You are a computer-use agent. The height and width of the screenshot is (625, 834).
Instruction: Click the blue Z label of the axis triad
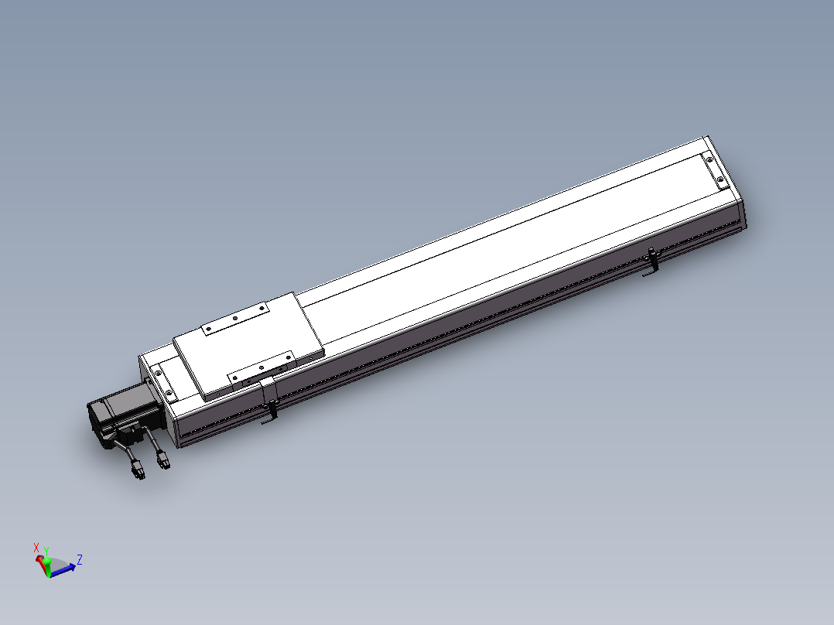coord(80,559)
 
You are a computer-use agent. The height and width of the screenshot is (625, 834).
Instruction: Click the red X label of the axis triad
coord(36,548)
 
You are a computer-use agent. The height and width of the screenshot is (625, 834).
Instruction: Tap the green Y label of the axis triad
coord(46,551)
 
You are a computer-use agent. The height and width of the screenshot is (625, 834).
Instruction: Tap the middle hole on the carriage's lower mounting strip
coord(261,367)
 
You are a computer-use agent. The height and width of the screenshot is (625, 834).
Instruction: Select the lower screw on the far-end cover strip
coord(720,179)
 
